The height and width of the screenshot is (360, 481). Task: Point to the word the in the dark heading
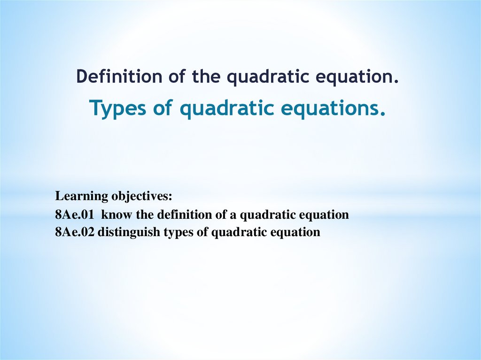point(208,77)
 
